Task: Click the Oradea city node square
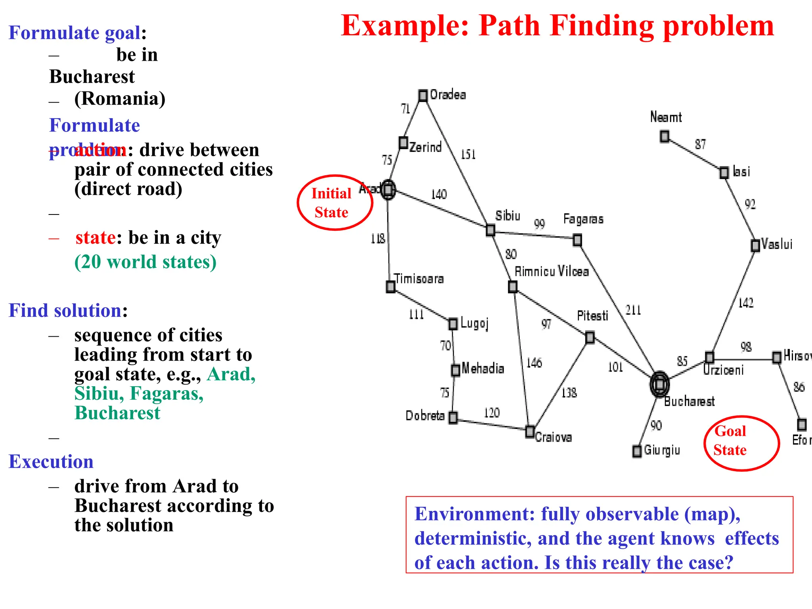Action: click(423, 96)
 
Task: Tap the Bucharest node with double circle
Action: click(659, 384)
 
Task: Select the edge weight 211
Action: click(633, 310)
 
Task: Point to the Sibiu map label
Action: click(507, 216)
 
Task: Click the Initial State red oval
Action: click(335, 203)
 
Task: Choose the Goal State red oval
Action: click(741, 443)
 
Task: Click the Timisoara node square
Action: click(391, 286)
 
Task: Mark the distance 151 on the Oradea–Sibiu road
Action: click(468, 154)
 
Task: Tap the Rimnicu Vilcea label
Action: click(552, 272)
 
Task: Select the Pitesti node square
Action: click(590, 337)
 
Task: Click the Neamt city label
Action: click(666, 117)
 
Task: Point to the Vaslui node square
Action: click(756, 245)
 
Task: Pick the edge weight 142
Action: click(745, 303)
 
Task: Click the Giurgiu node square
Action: click(637, 451)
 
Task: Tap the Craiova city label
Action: click(553, 437)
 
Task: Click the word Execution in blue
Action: click(51, 462)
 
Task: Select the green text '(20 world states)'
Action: click(146, 262)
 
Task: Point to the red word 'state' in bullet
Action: click(96, 237)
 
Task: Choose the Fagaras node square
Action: click(578, 240)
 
